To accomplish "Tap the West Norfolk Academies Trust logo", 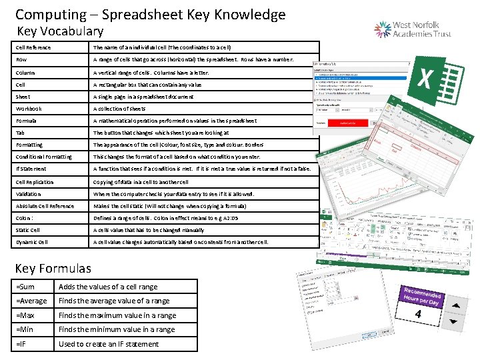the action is click(413, 29).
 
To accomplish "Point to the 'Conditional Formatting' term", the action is click(44, 157).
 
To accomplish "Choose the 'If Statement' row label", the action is click(31, 169).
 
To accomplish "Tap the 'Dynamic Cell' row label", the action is click(32, 242).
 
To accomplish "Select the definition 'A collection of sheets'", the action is click(119, 109).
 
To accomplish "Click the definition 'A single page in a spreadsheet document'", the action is click(143, 97).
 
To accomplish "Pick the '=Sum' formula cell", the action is click(26, 287).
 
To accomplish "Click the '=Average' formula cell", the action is click(31, 301).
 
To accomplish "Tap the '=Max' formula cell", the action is click(26, 315).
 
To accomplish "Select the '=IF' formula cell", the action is click(24, 344).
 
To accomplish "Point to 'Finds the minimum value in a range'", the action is click(117, 329).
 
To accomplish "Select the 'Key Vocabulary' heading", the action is click(60, 31).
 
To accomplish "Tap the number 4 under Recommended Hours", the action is click(417, 313).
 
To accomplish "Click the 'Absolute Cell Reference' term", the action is click(45, 205).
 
